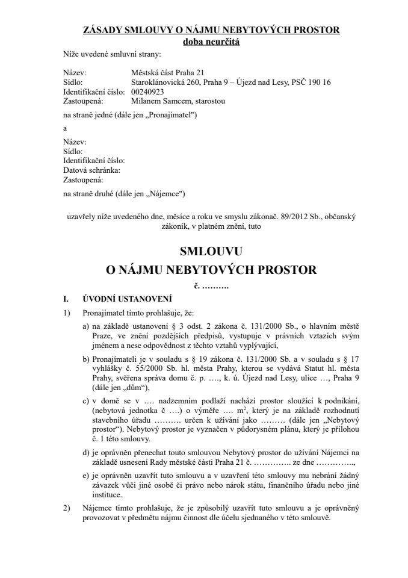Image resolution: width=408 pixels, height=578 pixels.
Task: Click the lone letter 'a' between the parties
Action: click(65, 128)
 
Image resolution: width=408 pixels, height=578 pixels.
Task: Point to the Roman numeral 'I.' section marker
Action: click(67, 299)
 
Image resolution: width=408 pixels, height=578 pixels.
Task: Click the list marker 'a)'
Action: click(86, 326)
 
